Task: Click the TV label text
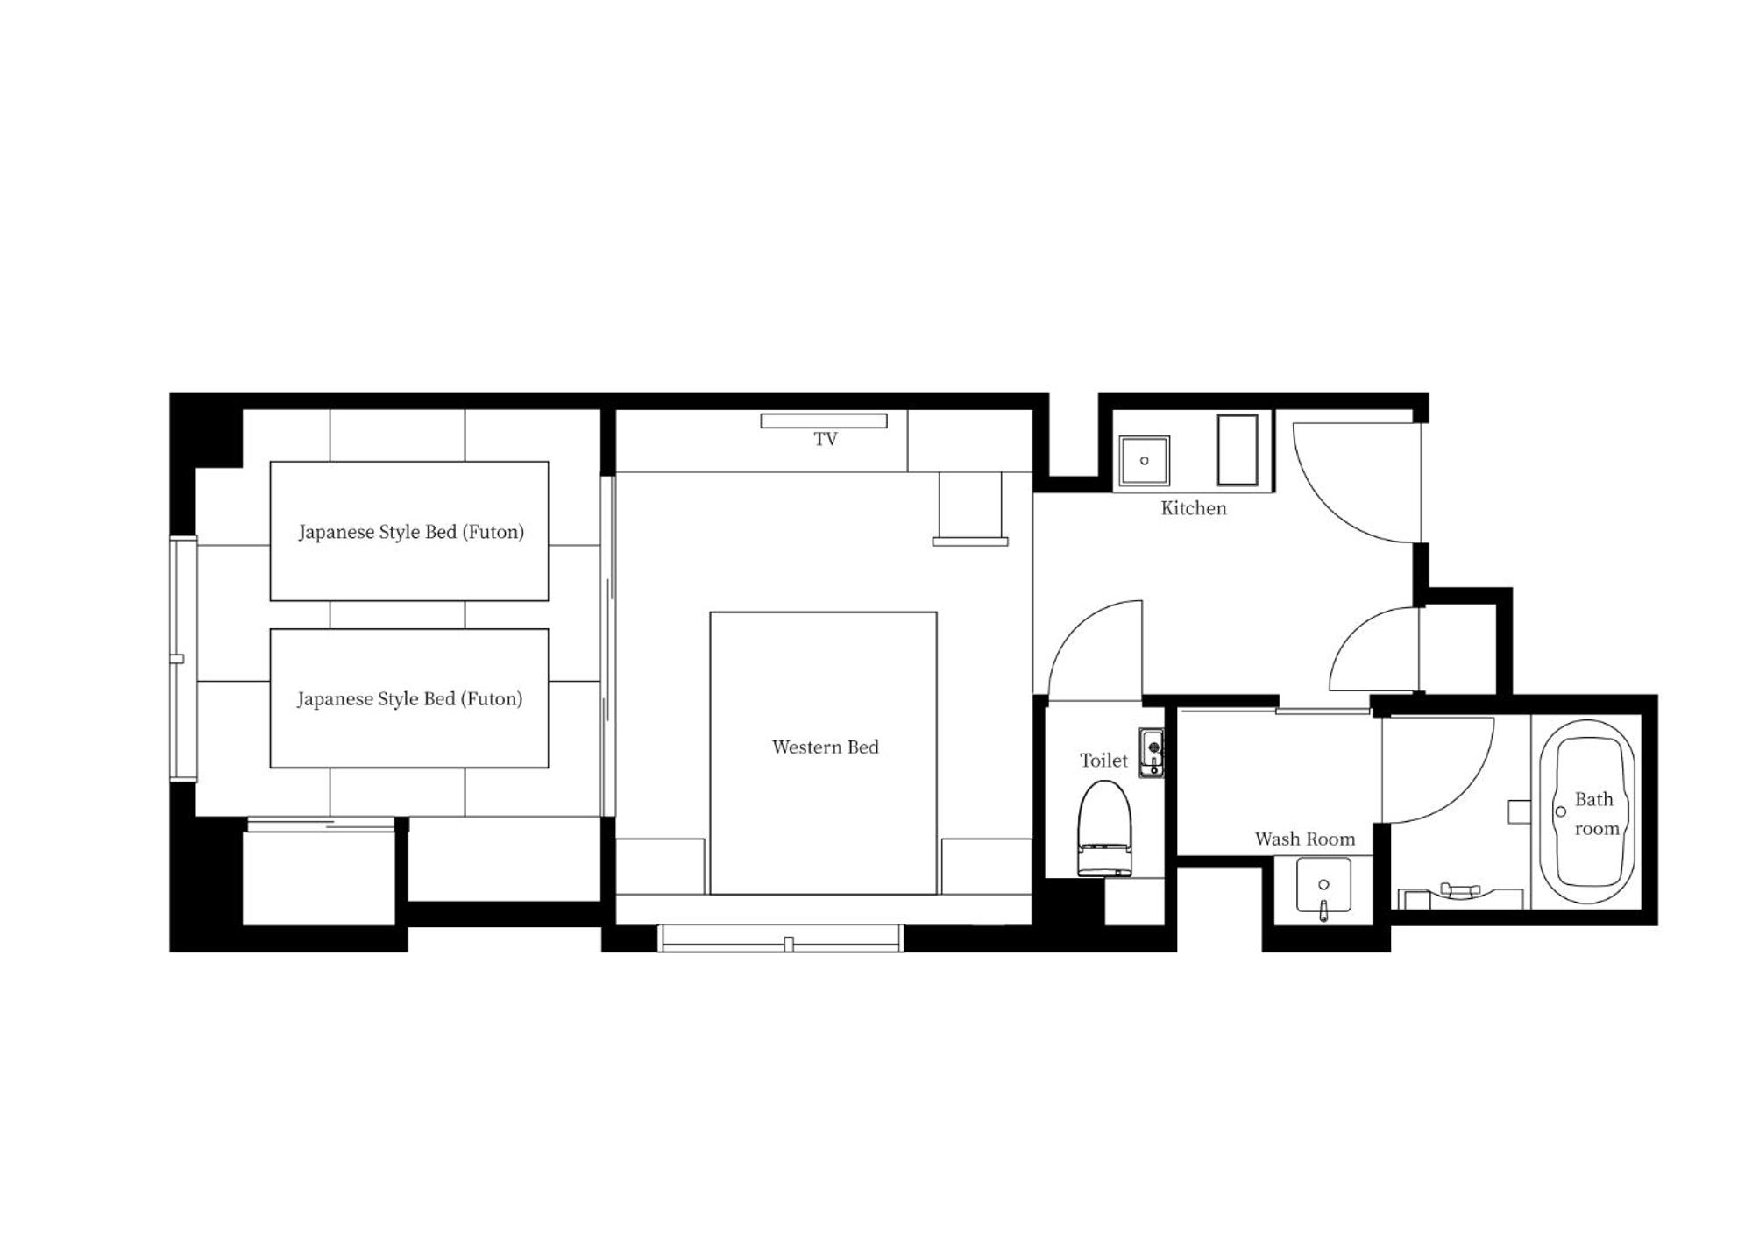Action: coord(825,439)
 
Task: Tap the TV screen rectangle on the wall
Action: coord(823,421)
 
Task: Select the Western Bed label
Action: coord(825,747)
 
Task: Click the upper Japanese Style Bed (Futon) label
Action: coord(411,532)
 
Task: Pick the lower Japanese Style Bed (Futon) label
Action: coord(409,699)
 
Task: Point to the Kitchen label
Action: coord(1194,508)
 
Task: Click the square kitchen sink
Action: coord(1144,461)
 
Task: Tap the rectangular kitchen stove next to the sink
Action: coord(1238,450)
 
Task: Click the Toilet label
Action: coord(1103,761)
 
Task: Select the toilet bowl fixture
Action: coord(1104,828)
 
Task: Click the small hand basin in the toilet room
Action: coord(1152,753)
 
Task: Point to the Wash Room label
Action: coord(1305,839)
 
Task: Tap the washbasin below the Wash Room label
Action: coord(1323,887)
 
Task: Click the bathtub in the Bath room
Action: coord(1587,811)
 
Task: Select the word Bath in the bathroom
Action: coord(1593,800)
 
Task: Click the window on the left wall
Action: coord(183,659)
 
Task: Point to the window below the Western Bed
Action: coord(780,938)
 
